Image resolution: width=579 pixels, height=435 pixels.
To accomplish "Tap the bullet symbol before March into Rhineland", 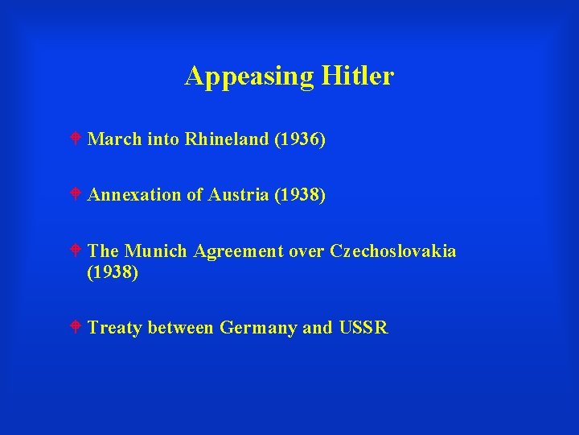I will [75, 139].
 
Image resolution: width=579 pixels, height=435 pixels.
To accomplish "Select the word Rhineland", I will [227, 139].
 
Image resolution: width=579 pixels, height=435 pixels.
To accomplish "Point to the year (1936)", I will [300, 139].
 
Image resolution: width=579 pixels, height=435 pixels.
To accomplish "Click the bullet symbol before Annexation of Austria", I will [75, 195].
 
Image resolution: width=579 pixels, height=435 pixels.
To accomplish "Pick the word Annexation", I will [134, 195].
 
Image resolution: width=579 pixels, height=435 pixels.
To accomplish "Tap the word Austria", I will [239, 195].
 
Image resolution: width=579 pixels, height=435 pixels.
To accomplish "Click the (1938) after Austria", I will [300, 195].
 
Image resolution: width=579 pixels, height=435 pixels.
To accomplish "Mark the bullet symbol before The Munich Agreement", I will [75, 251].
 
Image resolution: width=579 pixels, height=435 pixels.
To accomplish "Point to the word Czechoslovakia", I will [393, 251].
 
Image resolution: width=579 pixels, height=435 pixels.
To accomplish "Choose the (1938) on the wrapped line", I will [113, 272].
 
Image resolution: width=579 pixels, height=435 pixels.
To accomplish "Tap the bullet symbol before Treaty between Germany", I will [75, 328].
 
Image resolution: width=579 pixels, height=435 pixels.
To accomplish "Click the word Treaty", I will [115, 328].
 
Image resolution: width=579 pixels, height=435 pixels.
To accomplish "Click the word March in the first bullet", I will [113, 139].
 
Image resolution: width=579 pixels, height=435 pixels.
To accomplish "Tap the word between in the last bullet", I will [181, 328].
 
